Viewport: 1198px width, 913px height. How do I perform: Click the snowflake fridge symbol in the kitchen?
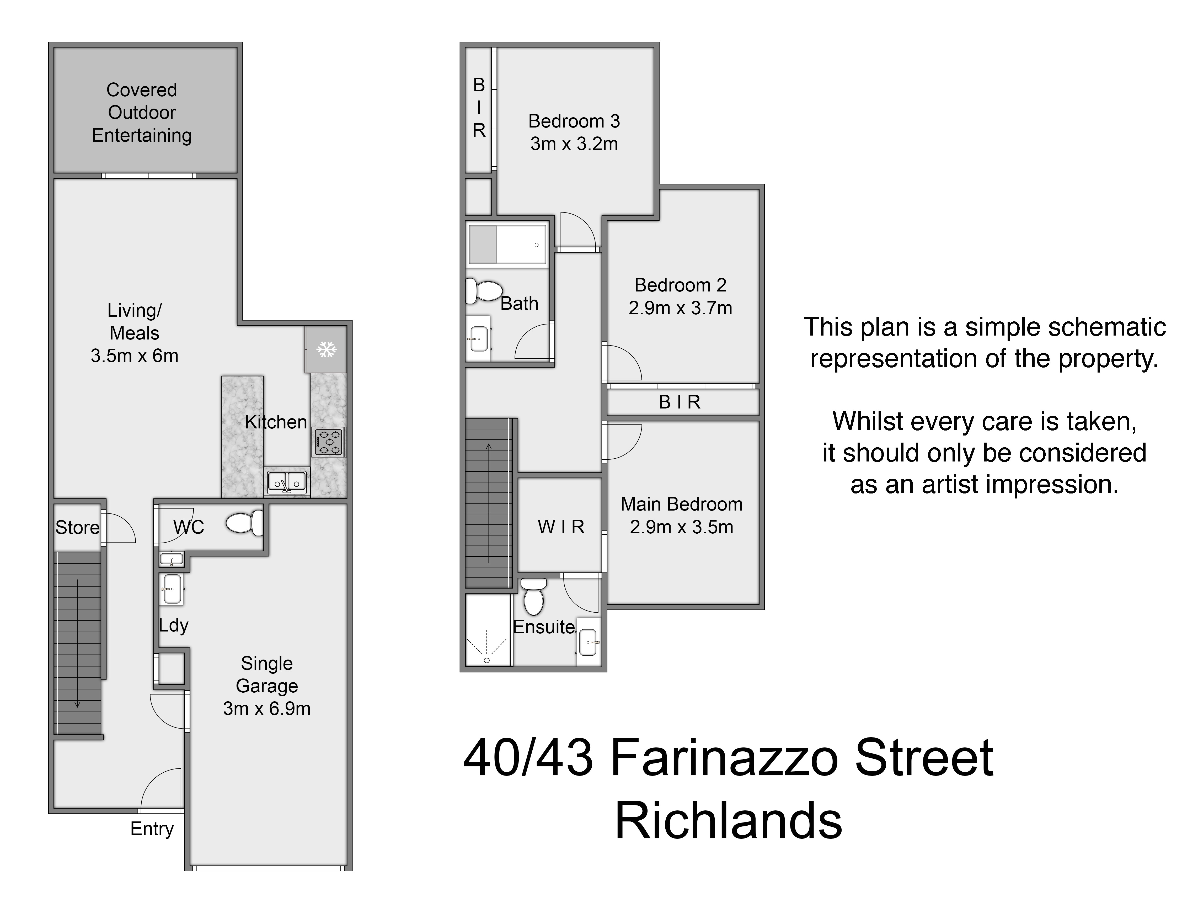coord(326,349)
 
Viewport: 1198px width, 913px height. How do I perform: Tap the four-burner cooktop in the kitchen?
coord(328,442)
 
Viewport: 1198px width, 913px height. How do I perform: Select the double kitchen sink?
coord(286,481)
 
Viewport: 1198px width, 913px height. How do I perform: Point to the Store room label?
coord(77,527)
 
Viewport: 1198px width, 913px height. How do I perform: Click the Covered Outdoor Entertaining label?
coord(142,113)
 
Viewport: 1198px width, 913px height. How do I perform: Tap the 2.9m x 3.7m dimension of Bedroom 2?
coord(680,308)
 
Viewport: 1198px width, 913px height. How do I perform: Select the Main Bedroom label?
coord(681,504)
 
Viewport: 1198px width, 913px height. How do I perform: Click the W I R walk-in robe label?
coord(561,527)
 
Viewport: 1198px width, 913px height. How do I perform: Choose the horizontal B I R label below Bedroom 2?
coord(680,402)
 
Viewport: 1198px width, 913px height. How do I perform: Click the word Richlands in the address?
coord(728,821)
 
